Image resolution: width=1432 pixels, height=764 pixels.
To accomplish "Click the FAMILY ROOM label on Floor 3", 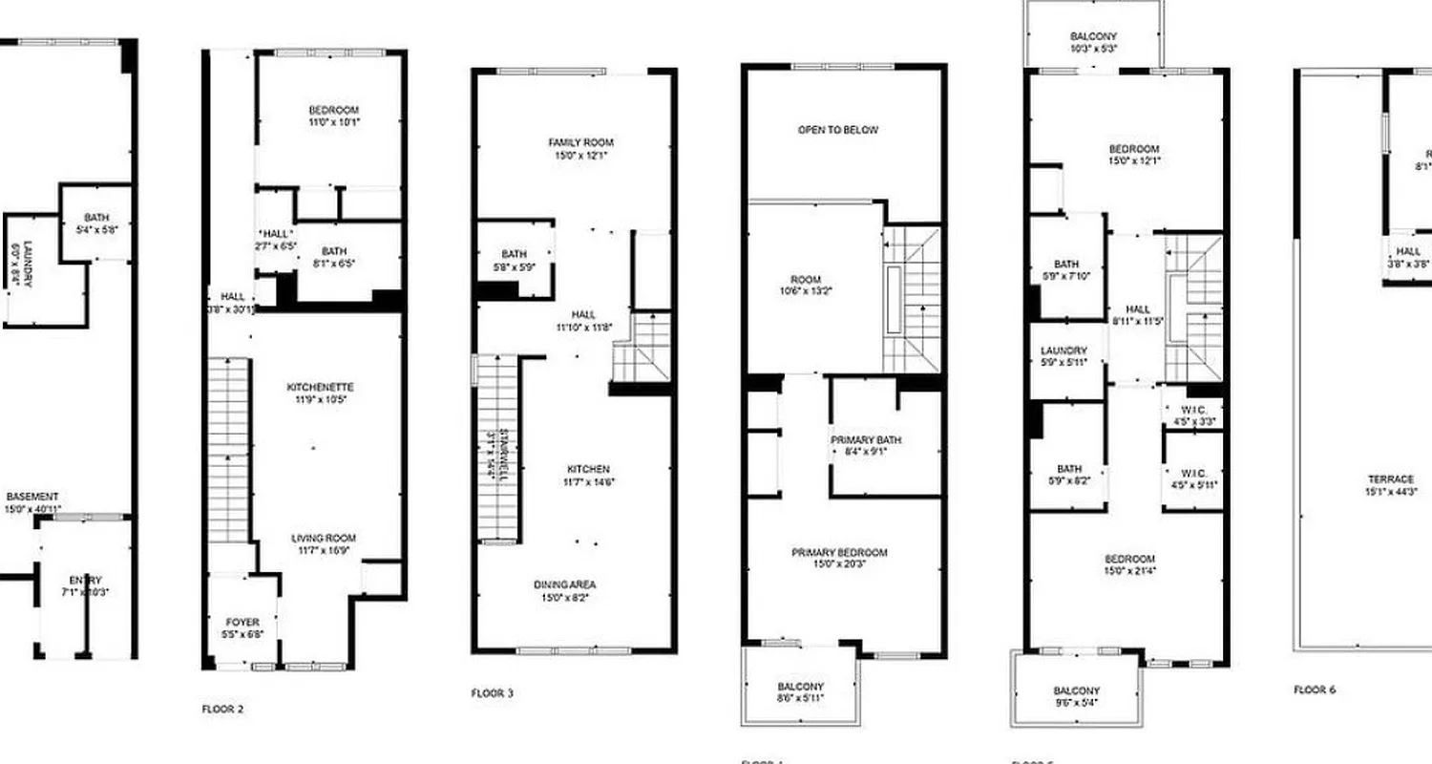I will tap(573, 142).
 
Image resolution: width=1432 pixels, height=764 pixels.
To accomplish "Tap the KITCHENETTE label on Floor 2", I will tap(321, 388).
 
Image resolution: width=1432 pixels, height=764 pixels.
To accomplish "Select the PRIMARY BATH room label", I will tap(866, 440).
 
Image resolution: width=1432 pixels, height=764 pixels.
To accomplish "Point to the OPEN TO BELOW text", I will tap(837, 130).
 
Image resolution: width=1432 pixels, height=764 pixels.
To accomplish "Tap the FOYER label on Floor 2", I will tap(242, 623).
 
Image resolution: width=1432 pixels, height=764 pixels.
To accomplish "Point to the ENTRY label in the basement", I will tap(85, 581).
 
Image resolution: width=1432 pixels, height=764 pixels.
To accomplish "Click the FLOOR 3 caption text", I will tap(493, 693).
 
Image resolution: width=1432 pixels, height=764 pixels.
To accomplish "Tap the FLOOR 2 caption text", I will tap(223, 710).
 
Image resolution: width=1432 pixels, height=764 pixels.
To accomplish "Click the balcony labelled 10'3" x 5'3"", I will tap(1093, 37).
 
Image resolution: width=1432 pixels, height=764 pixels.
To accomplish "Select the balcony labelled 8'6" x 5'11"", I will tap(800, 688).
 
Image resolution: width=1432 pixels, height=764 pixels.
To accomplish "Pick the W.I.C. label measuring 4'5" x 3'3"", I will tap(1192, 414).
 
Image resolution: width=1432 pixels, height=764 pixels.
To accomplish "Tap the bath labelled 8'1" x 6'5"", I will tap(334, 252).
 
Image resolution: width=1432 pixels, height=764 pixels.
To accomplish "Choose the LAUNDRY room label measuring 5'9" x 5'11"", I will tap(1063, 351).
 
